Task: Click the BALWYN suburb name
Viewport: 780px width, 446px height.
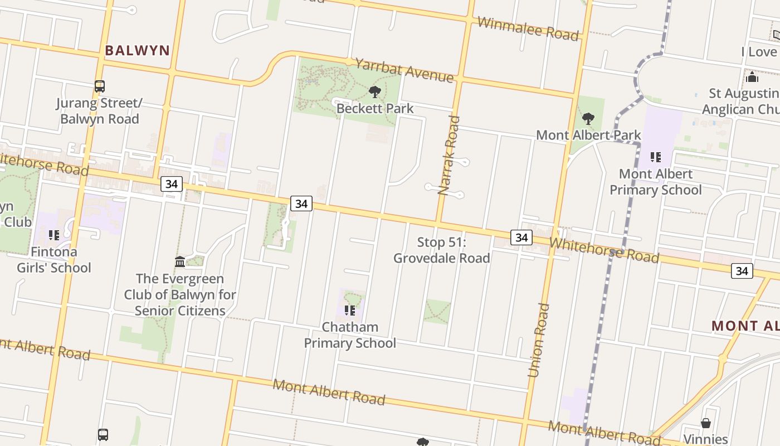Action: pos(137,50)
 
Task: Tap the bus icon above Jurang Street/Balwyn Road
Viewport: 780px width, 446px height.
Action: pos(100,86)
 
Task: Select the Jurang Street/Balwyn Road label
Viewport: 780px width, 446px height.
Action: pos(100,111)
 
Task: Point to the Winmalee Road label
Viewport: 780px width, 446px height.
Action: pos(528,28)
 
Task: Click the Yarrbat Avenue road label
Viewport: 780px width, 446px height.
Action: pos(404,70)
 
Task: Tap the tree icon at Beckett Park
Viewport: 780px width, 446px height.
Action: pos(375,92)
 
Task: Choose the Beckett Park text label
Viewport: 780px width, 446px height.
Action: pos(375,108)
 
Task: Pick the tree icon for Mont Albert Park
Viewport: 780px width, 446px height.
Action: pos(588,119)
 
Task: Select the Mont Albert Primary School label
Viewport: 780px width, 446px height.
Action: pos(656,182)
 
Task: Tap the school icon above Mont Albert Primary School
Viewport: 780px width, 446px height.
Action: pos(656,157)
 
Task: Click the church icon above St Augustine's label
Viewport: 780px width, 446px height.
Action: pos(752,76)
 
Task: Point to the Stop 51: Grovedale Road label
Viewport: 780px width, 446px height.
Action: pos(442,250)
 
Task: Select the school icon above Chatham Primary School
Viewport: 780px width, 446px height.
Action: pos(349,310)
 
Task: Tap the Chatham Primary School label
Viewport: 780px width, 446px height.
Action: pos(350,334)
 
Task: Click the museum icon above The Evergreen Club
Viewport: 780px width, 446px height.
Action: pos(180,261)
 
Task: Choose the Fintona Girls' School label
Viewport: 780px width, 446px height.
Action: pos(53,260)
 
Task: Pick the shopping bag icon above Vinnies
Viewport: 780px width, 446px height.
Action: pos(706,423)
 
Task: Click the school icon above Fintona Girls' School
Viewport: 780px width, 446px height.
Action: pos(53,235)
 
